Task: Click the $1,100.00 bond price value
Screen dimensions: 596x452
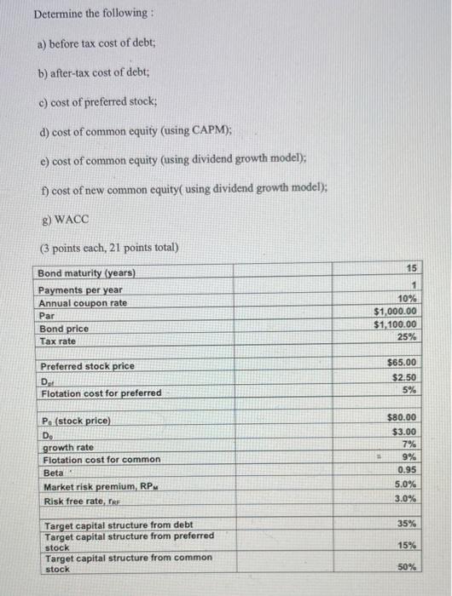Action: (x=396, y=324)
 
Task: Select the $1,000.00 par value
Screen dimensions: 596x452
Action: (x=396, y=312)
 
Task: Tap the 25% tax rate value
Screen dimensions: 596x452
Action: (x=407, y=336)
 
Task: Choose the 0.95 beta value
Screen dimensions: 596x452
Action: (x=407, y=469)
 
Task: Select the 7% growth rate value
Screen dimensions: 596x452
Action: (x=409, y=444)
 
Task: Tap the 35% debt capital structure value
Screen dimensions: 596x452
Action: (x=407, y=524)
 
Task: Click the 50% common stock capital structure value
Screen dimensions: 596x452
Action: (x=407, y=566)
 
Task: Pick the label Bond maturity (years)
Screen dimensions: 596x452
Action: (x=86, y=273)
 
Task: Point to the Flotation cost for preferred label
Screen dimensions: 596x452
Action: (x=101, y=393)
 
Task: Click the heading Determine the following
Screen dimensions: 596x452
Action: (x=80, y=14)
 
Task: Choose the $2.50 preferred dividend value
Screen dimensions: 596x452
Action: (x=404, y=377)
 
